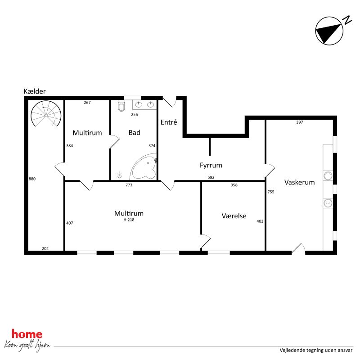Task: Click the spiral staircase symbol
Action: pos(46,115)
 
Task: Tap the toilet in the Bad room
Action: pos(121,106)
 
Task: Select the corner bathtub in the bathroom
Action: pos(144,168)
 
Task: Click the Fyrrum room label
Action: pos(211,165)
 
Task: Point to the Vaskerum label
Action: pos(299,182)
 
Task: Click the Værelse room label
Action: pos(234,216)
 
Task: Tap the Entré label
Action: pos(169,122)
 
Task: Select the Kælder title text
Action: pos(35,91)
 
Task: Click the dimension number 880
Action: pos(32,179)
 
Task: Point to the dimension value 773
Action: pos(129,184)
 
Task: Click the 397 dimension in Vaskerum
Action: pos(300,122)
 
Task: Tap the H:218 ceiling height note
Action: pos(129,220)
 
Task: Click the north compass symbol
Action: pos(328,31)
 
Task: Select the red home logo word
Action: pos(27,334)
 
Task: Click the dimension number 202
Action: pos(45,248)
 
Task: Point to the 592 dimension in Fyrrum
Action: pos(211,177)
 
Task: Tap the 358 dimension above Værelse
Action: pos(234,185)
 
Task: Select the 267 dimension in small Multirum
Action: pos(87,103)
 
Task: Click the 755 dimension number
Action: pos(271,192)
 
